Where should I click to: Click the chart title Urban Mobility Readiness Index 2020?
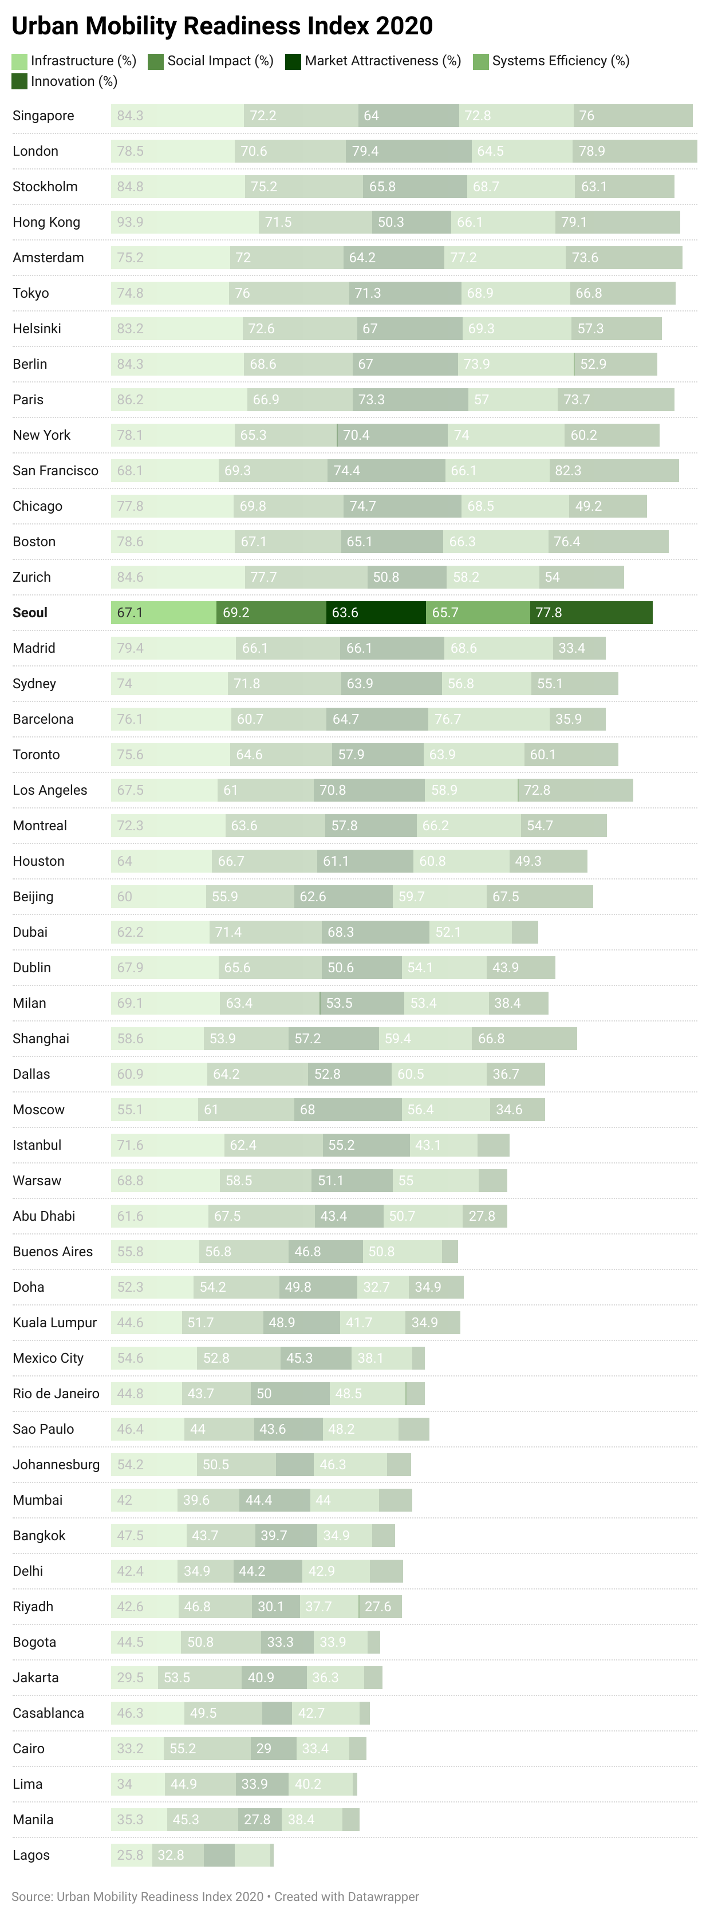click(x=222, y=26)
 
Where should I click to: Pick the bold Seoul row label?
click(x=30, y=613)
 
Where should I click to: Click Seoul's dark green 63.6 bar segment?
click(x=376, y=613)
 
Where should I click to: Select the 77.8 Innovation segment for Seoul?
click(x=591, y=613)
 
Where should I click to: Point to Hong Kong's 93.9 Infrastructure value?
click(x=130, y=222)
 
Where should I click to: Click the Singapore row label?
click(x=43, y=115)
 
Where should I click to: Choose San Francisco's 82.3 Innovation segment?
click(x=614, y=470)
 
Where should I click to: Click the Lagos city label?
click(x=31, y=1855)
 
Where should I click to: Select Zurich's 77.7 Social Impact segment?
click(x=306, y=577)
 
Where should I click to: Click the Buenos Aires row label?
click(x=53, y=1252)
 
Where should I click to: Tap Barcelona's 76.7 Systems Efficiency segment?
click(x=489, y=719)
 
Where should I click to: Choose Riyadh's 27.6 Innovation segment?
click(x=380, y=1607)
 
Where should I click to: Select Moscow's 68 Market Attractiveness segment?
click(x=348, y=1110)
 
